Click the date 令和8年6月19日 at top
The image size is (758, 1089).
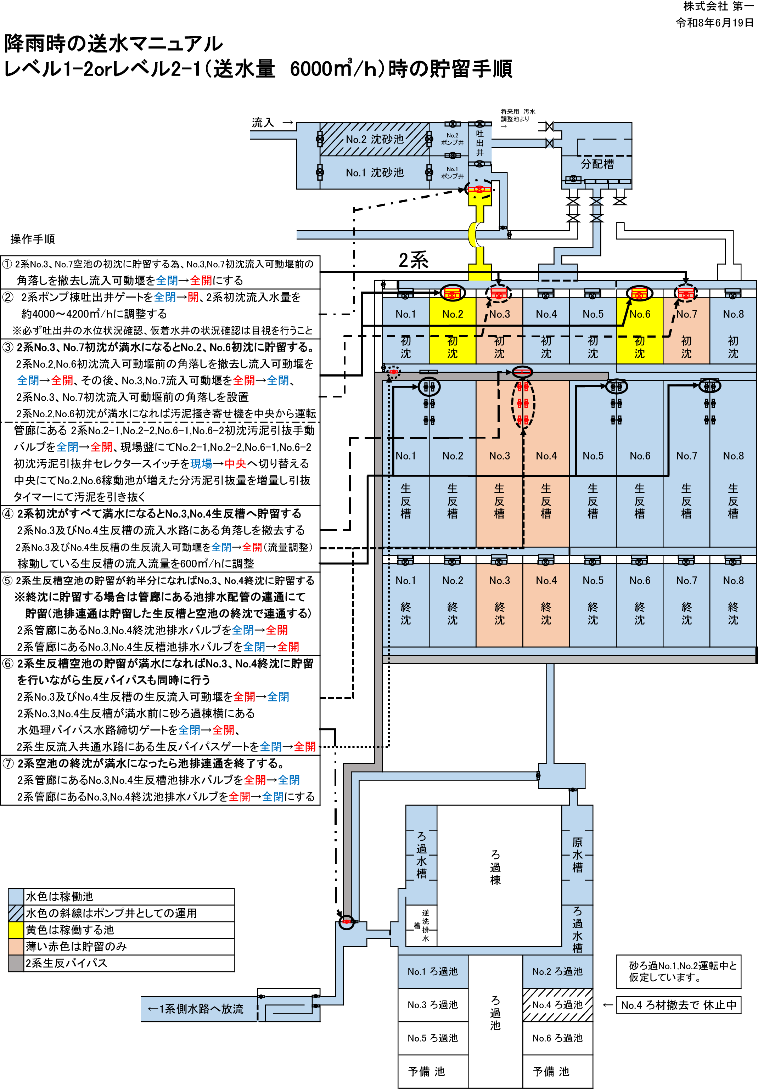pyautogui.click(x=714, y=23)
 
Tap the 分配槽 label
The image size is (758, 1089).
pyautogui.click(x=597, y=164)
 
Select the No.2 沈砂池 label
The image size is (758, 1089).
pyautogui.click(x=374, y=139)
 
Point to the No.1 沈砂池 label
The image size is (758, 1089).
pyautogui.click(x=374, y=173)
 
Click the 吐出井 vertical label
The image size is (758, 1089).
pyautogui.click(x=479, y=143)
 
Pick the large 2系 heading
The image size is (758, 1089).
pyautogui.click(x=413, y=260)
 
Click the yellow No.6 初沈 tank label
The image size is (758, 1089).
pyautogui.click(x=639, y=314)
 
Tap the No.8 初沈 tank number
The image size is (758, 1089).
pyautogui.click(x=733, y=314)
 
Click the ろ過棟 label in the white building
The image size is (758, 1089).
pyautogui.click(x=495, y=867)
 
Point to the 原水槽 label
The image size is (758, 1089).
pyautogui.click(x=577, y=855)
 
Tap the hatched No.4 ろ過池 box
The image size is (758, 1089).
pyautogui.click(x=557, y=1005)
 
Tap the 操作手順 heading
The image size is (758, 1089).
pyautogui.click(x=32, y=239)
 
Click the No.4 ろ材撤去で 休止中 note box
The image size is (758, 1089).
pyautogui.click(x=678, y=1005)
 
